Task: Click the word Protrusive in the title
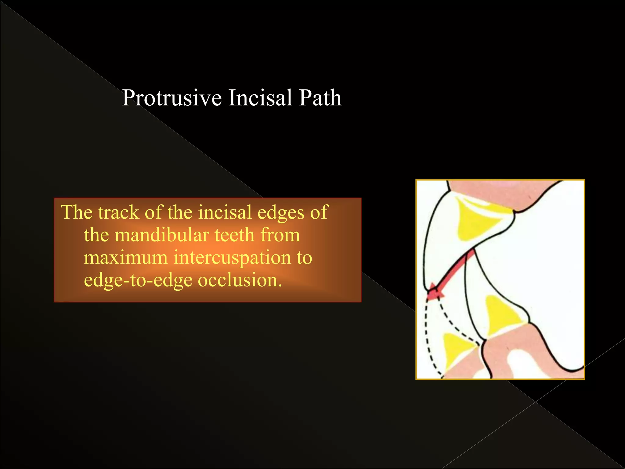click(172, 98)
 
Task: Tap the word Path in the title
click(320, 98)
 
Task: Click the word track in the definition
click(118, 212)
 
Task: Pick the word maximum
click(125, 258)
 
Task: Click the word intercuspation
click(232, 258)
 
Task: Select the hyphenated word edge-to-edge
click(138, 280)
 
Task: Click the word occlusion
click(240, 280)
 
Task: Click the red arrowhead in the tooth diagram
click(433, 293)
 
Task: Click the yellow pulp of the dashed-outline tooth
click(456, 350)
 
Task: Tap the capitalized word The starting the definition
click(76, 212)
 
